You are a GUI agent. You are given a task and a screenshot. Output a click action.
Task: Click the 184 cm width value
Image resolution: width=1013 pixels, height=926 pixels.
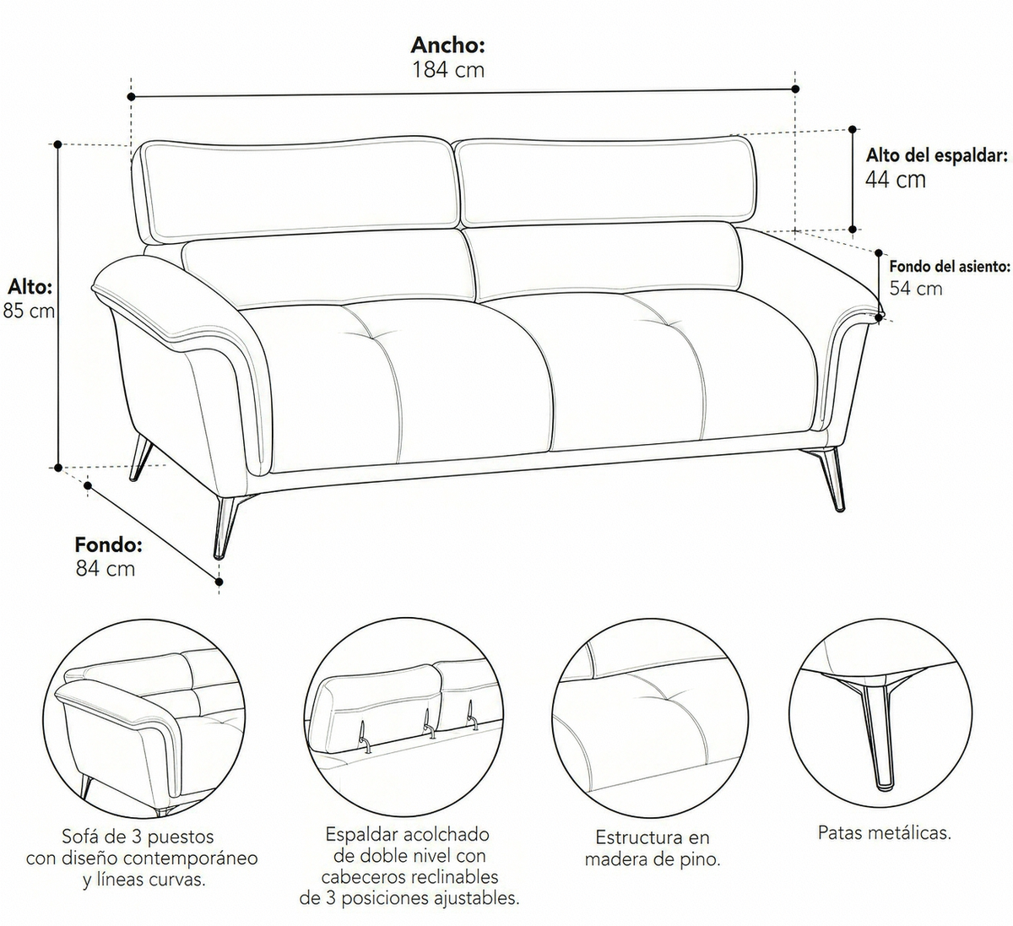tap(448, 70)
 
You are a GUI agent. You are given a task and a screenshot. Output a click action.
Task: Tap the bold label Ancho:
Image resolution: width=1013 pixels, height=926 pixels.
tap(448, 45)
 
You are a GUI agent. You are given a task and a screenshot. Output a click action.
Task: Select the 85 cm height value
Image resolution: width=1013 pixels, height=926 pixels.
tap(29, 311)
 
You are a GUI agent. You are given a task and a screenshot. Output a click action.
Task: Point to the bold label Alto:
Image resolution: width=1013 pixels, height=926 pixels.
tap(30, 288)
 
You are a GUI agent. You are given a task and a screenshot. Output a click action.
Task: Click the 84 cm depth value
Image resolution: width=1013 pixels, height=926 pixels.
tap(106, 569)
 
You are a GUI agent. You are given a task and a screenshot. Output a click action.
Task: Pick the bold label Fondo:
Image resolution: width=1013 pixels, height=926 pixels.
tap(109, 545)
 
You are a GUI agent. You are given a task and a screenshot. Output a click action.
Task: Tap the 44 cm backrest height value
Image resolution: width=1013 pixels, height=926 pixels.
tap(896, 180)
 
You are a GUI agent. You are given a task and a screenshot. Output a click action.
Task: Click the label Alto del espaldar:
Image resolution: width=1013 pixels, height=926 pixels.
tap(937, 155)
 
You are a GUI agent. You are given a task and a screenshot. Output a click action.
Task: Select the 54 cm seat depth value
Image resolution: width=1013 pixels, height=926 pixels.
tap(916, 289)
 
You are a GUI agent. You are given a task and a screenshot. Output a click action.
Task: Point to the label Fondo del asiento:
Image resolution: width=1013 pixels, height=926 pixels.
tap(950, 266)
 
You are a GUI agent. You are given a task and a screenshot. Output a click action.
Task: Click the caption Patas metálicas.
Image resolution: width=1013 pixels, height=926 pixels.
tap(884, 832)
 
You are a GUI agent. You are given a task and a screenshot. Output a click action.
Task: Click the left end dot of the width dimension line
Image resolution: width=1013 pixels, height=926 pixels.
tap(132, 96)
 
